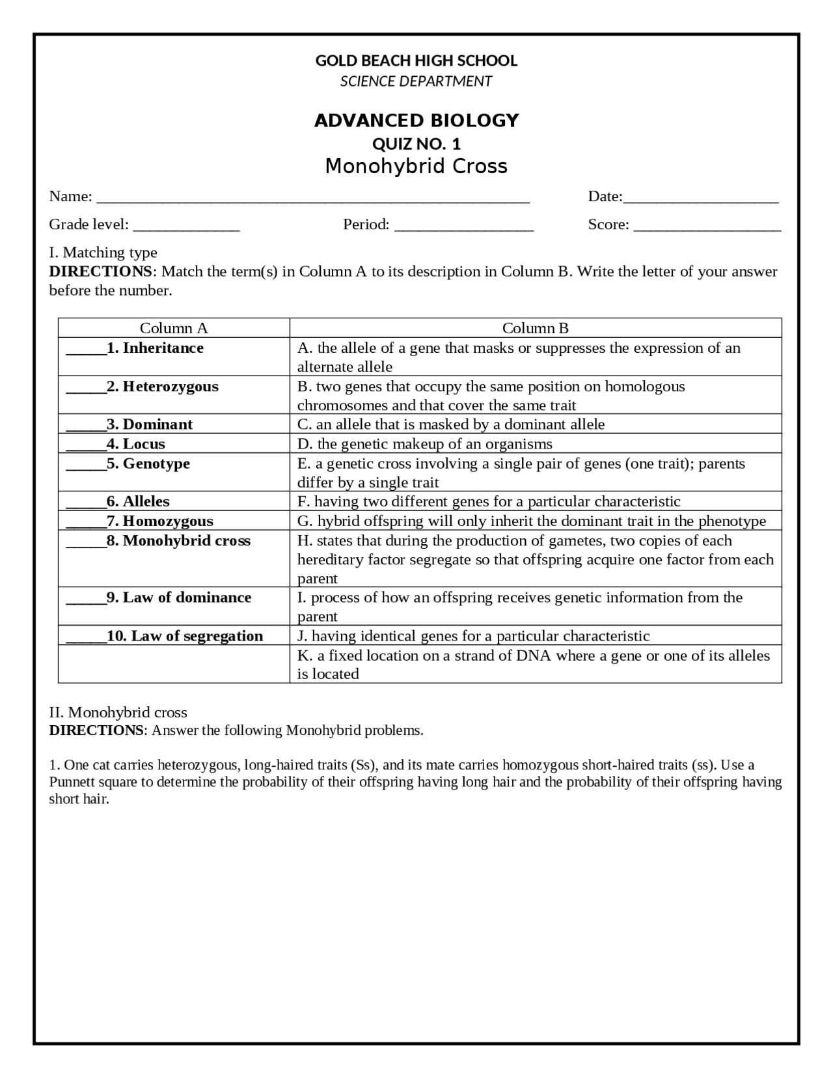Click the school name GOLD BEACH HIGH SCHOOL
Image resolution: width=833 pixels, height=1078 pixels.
click(416, 61)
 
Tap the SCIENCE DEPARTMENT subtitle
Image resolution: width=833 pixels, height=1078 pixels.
click(416, 81)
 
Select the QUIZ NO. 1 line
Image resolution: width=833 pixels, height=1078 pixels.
click(416, 144)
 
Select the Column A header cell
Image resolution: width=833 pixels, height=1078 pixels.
click(174, 328)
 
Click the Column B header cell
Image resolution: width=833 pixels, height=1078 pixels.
click(535, 328)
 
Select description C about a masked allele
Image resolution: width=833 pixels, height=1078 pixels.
click(451, 424)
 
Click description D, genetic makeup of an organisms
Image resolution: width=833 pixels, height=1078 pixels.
click(424, 444)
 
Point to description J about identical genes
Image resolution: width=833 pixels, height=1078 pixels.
click(473, 636)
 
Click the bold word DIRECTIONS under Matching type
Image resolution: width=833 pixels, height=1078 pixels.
click(100, 271)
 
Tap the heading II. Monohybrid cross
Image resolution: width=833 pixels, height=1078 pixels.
click(118, 712)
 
